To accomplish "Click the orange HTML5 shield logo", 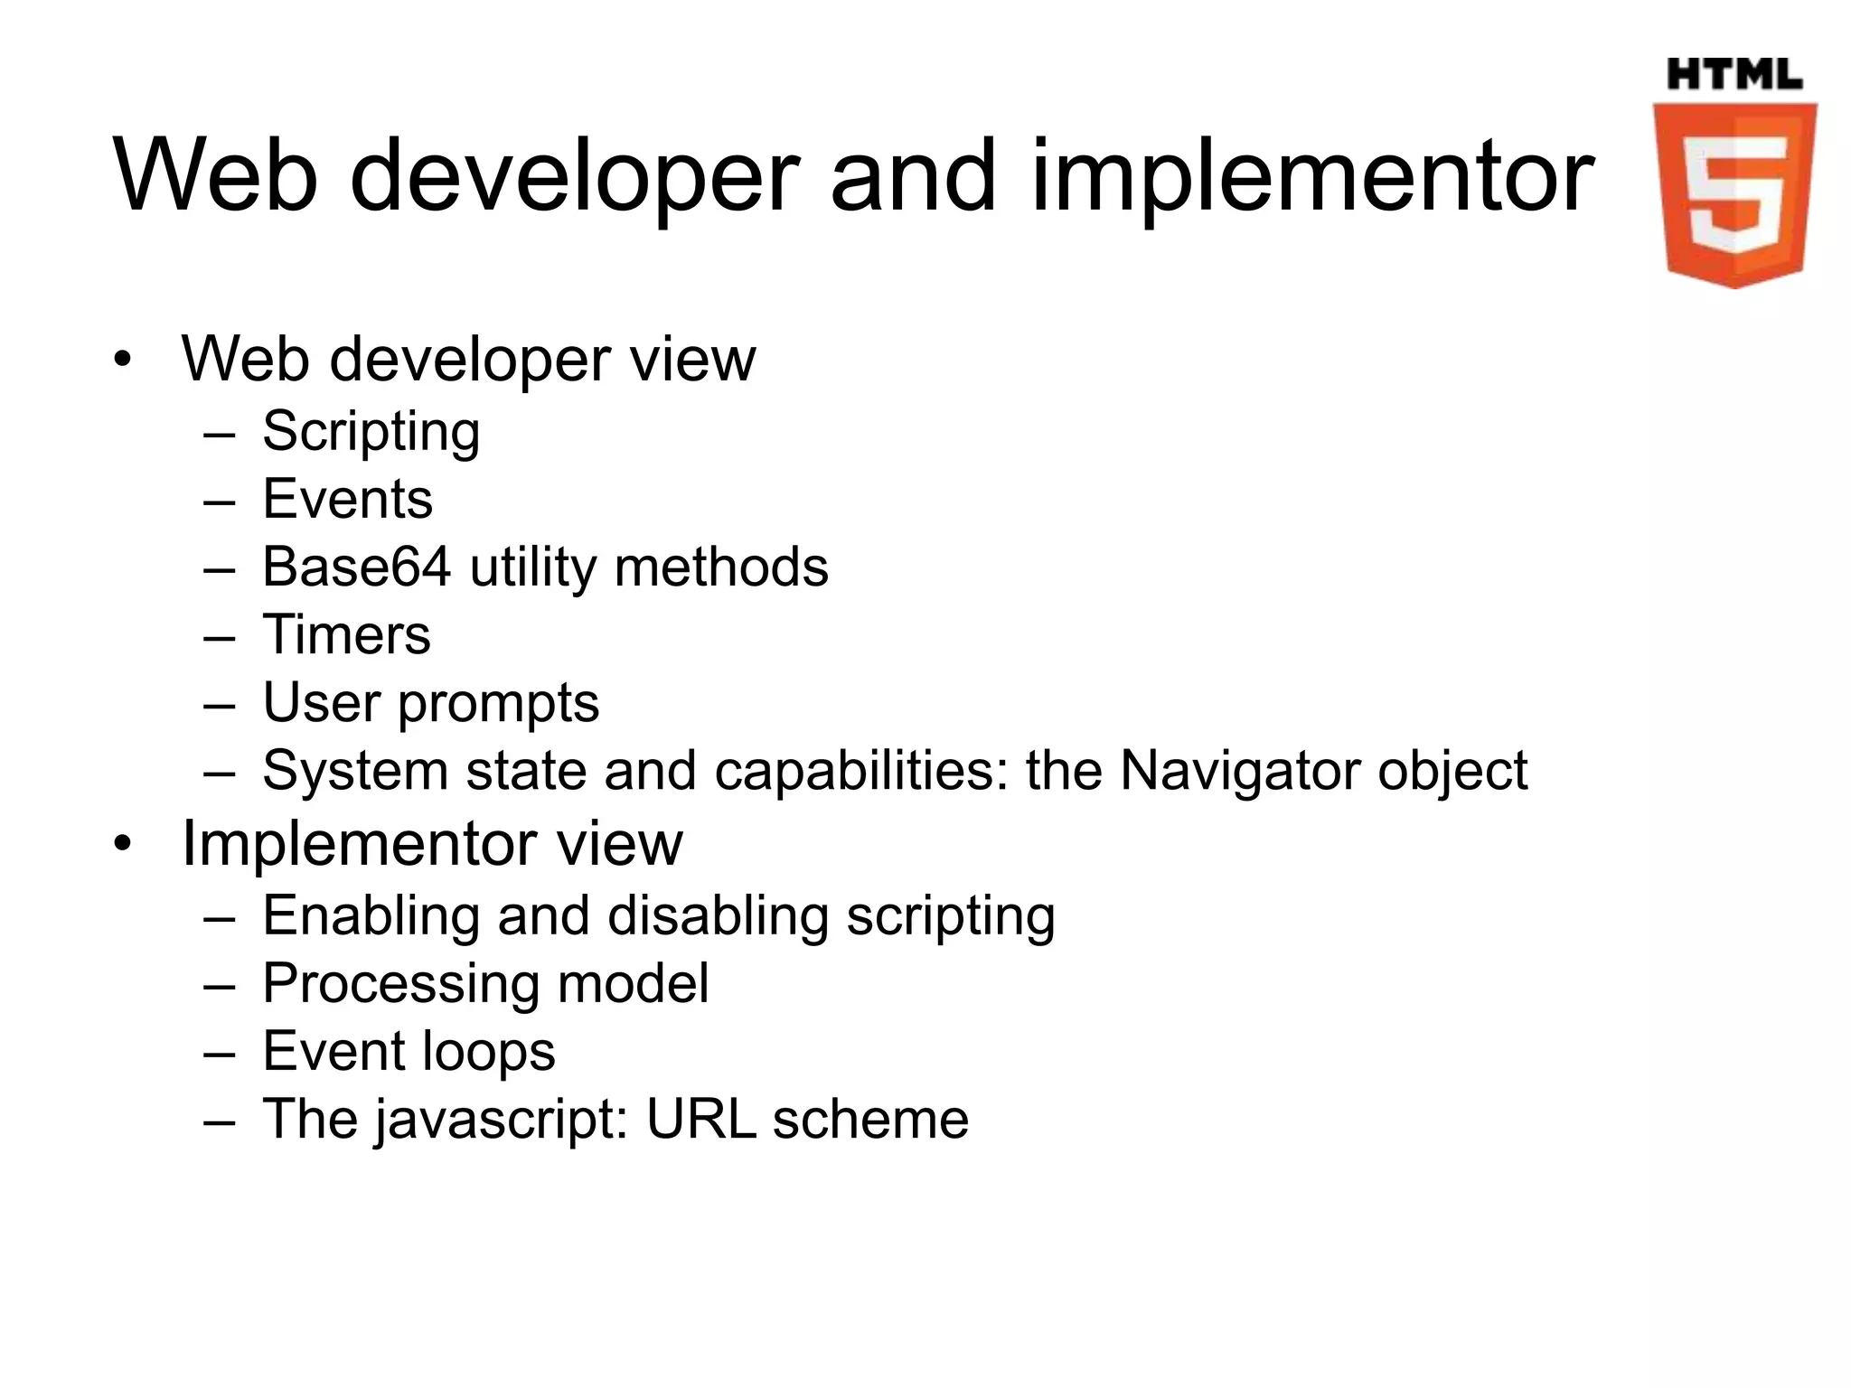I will coord(1734,194).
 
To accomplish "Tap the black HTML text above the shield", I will coord(1734,74).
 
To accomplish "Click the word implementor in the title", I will coord(1312,177).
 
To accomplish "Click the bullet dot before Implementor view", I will coord(123,844).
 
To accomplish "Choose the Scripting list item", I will coord(371,431).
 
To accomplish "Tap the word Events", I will coord(347,499).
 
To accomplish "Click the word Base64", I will coord(356,567).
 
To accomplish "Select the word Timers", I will coord(346,634).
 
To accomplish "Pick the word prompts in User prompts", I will coord(498,704).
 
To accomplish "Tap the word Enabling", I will coord(371,916).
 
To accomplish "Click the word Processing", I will coord(401,984).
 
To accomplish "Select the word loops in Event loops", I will coord(490,1052).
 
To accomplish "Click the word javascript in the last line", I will coord(502,1121).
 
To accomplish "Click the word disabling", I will coord(718,916).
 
